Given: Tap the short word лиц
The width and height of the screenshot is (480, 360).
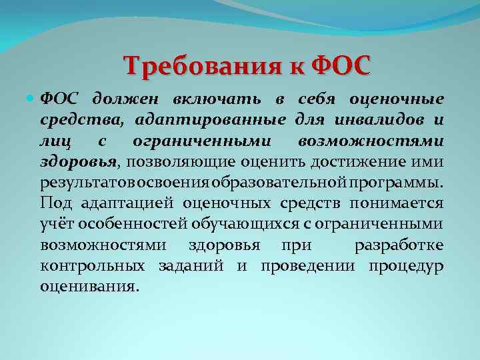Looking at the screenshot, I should pyautogui.click(x=55, y=141).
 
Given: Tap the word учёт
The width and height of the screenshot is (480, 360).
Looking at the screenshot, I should pyautogui.click(x=57, y=224).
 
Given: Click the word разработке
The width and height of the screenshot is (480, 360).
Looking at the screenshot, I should pyautogui.click(x=399, y=245).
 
